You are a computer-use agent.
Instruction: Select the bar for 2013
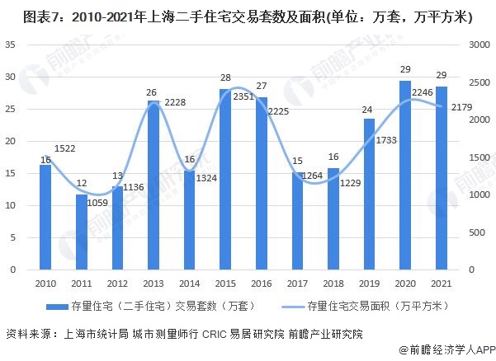coord(153,185)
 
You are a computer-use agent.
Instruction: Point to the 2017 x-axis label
coord(297,283)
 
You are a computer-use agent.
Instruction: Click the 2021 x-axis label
coord(442,283)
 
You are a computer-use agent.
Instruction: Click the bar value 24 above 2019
coord(369,110)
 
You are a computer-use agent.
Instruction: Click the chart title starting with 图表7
coord(248,15)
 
